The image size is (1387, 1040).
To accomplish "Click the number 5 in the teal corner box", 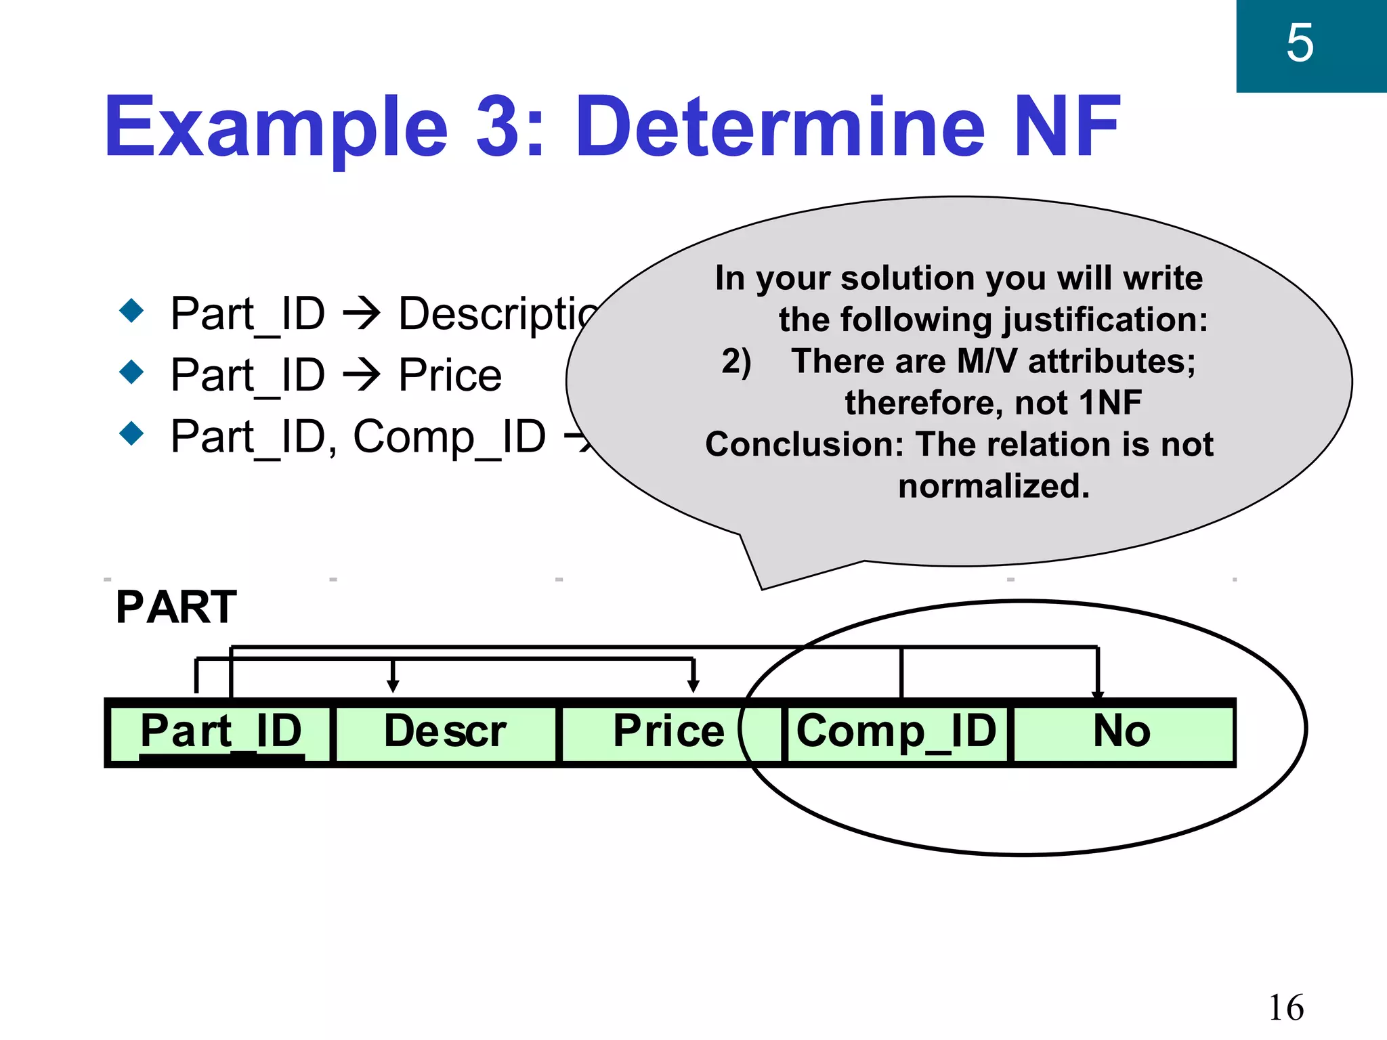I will point(1300,43).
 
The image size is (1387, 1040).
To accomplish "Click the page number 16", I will point(1285,1007).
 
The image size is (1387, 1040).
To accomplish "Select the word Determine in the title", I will point(780,127).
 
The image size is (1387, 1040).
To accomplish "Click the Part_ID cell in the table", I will point(221,732).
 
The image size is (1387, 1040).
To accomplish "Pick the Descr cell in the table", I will point(445,732).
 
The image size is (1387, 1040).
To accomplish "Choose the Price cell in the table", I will point(668,732).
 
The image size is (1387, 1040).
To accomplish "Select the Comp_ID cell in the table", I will point(896,732).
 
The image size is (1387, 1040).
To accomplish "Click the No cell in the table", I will point(1122,732).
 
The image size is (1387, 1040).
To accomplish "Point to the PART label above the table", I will point(176,607).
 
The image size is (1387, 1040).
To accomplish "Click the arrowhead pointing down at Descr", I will point(393,686).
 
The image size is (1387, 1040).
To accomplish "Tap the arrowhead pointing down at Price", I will point(693,686).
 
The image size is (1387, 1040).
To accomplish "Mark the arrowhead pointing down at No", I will point(1098,693).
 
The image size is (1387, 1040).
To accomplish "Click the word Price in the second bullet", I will point(450,375).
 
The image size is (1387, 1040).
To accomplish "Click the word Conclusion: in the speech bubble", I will point(805,445).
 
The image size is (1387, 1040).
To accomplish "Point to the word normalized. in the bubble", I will point(994,486).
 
